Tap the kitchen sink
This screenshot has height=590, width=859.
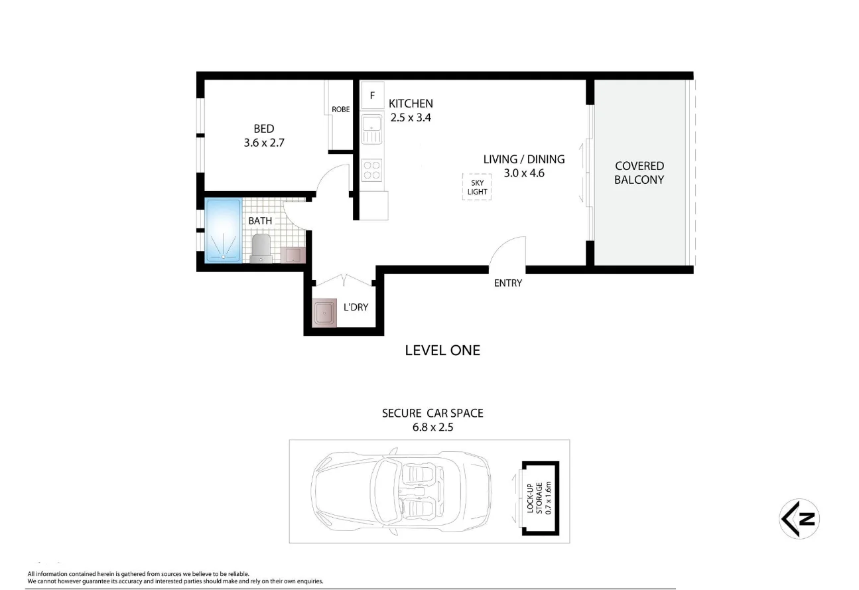click(x=372, y=129)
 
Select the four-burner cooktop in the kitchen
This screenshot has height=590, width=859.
click(x=372, y=170)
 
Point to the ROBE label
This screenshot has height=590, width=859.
click(x=341, y=110)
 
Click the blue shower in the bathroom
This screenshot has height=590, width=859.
click(x=223, y=230)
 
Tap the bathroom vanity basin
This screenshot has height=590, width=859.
click(x=293, y=255)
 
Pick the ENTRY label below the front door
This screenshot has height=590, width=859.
click(x=508, y=283)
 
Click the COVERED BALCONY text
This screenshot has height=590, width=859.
click(x=639, y=173)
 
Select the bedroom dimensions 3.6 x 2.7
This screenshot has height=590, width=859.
click(x=263, y=142)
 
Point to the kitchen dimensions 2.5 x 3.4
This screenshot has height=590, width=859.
click(x=411, y=117)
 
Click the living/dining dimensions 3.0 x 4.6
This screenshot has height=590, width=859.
click(x=523, y=173)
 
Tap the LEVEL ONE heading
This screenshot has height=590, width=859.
click(x=442, y=350)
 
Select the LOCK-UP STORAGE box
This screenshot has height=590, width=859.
click(x=540, y=498)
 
